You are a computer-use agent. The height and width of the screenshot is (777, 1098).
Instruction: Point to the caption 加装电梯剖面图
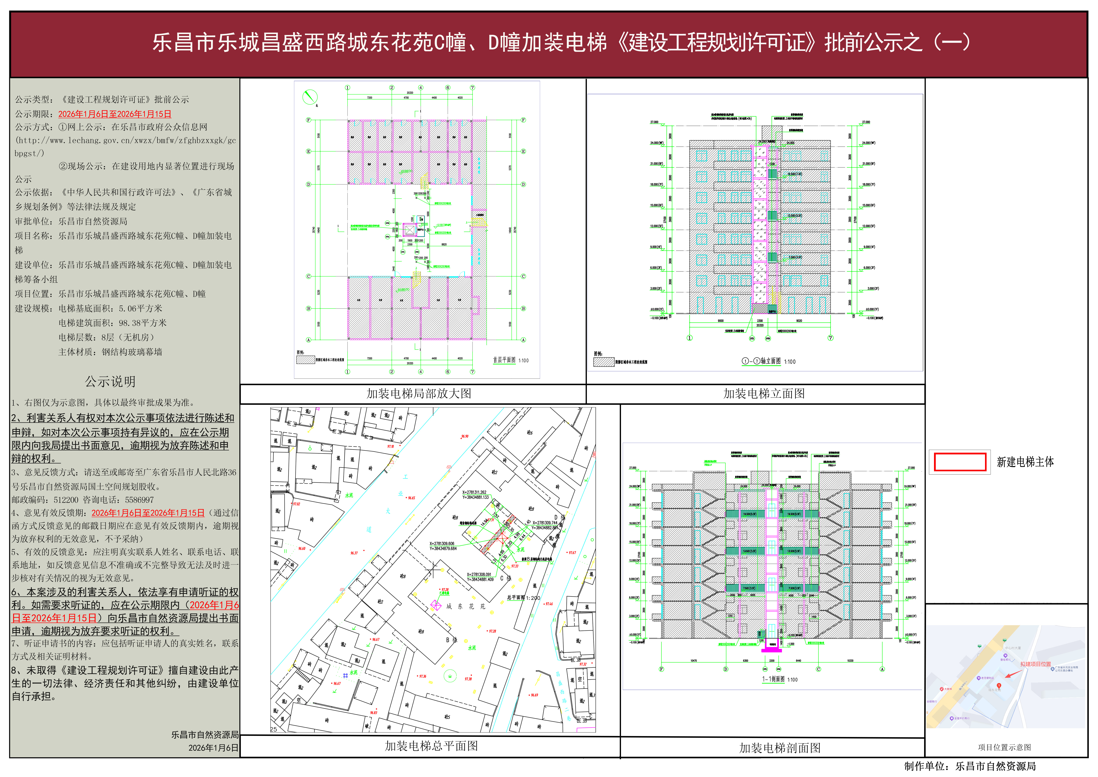(779, 748)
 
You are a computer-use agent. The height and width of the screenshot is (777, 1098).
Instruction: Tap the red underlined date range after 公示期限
(115, 114)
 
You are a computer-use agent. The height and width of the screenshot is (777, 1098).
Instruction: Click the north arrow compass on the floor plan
(310, 98)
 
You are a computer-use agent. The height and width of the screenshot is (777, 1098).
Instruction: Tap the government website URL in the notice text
(125, 141)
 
